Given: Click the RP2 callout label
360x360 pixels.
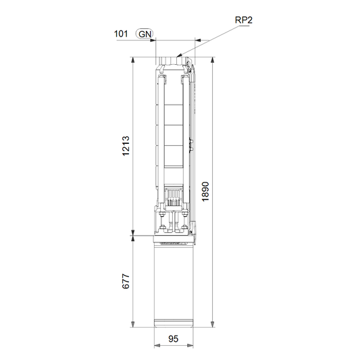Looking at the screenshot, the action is pos(244,20).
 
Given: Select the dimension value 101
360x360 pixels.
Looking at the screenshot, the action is pos(121,34).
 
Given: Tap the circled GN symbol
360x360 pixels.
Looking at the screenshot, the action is pos(145,34).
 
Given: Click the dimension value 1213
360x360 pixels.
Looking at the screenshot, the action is pos(126,146).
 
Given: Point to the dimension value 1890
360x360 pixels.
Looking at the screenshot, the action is pos(205,192).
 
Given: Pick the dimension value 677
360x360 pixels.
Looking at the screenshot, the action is pos(126,281).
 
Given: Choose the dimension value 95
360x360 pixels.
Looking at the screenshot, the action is pos(173,338).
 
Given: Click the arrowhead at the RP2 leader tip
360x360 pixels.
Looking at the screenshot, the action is pos(180,55).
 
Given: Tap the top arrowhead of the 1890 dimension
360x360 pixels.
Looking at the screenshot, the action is pos(213,60).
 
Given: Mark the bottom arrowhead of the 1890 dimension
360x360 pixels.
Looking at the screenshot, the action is pos(213,324).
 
